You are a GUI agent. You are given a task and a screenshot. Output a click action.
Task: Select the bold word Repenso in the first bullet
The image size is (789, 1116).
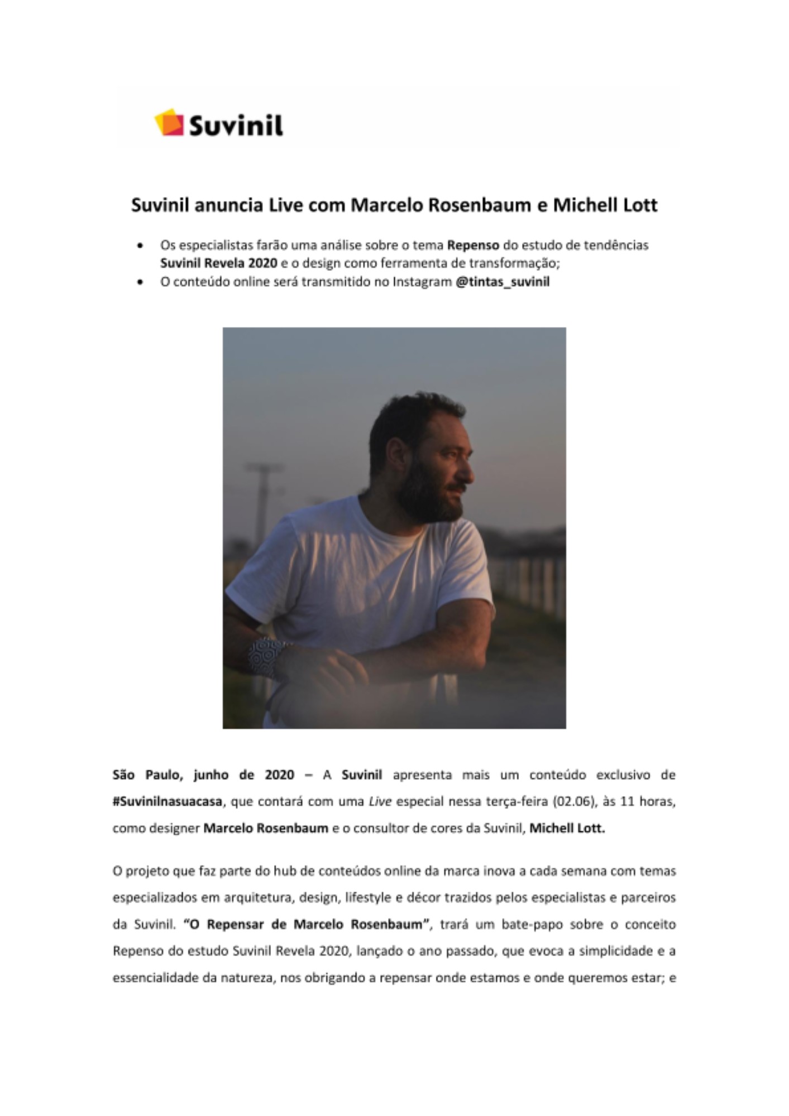(473, 245)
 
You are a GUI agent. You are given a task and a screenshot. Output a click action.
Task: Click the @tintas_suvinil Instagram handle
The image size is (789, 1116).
(503, 282)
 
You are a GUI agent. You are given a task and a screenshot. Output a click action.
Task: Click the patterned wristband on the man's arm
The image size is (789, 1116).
(266, 656)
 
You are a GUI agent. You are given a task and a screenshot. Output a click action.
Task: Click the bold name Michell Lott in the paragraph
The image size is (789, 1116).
(567, 828)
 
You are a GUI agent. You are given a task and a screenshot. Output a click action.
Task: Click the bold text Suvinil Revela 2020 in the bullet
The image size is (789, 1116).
(218, 263)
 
